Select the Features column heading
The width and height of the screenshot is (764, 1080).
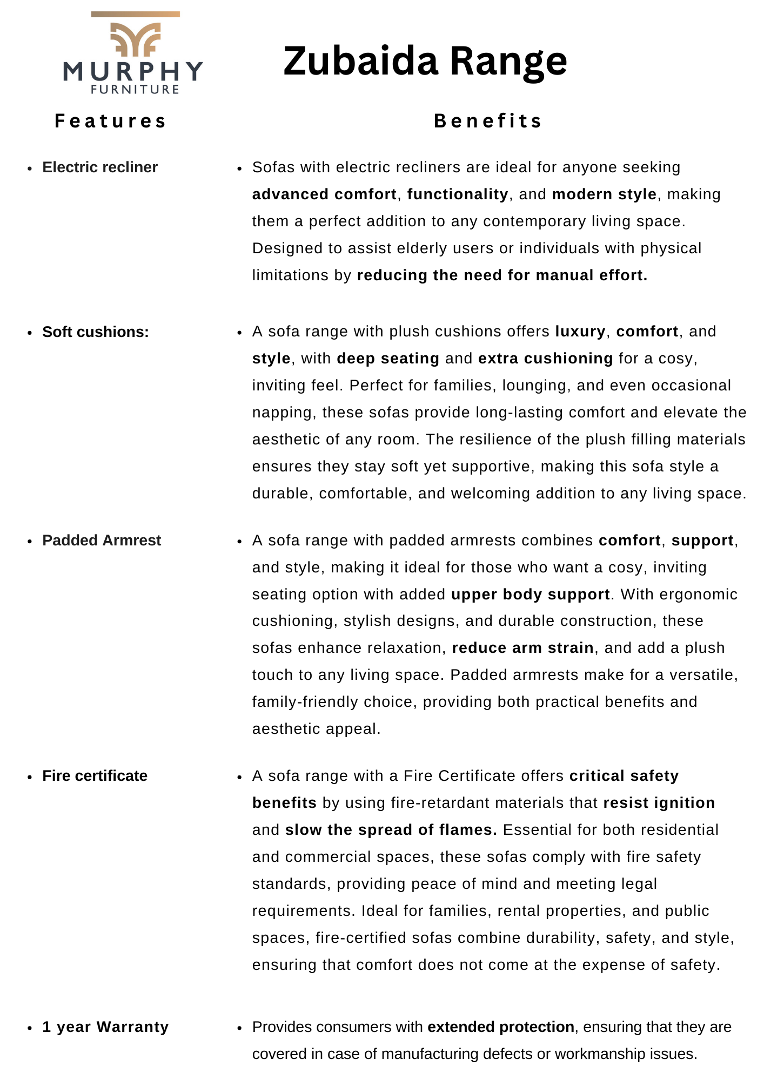[111, 121]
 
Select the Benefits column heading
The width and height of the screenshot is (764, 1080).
[488, 121]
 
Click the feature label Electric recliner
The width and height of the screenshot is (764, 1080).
[100, 167]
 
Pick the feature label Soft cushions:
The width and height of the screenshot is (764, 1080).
[96, 332]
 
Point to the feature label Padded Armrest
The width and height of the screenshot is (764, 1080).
[102, 541]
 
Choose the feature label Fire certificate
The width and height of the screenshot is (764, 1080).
[95, 776]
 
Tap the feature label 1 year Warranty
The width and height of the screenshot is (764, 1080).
[105, 1027]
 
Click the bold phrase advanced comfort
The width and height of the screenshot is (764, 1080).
[324, 194]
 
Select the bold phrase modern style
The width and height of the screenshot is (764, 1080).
[604, 194]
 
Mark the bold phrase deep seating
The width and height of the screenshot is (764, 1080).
[388, 359]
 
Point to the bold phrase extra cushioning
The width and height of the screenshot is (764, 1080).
[546, 359]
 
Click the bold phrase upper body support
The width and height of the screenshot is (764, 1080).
[531, 595]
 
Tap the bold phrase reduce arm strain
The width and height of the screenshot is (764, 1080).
[523, 648]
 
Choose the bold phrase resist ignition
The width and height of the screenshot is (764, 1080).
[659, 803]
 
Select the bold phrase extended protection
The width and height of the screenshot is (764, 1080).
[501, 1027]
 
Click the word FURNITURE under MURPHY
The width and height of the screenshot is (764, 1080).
[135, 90]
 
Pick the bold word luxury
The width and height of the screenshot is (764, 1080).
[580, 332]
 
